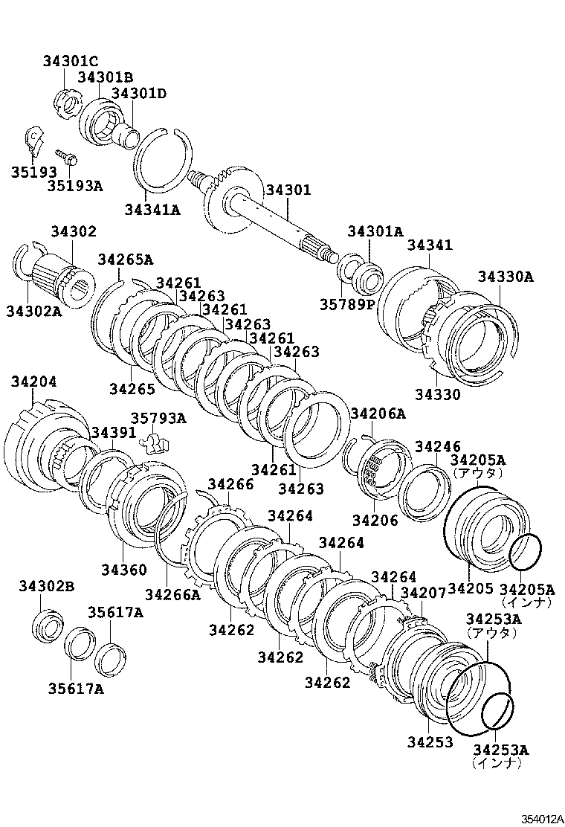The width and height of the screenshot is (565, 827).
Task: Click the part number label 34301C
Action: point(69,61)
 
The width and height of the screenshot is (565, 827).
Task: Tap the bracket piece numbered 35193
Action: point(34,138)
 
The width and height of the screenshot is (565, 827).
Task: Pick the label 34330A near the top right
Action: point(506,276)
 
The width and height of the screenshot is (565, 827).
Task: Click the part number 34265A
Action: point(125,260)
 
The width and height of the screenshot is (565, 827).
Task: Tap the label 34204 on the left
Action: point(33,382)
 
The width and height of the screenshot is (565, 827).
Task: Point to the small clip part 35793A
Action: point(155,443)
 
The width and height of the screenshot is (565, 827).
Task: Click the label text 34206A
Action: point(378,413)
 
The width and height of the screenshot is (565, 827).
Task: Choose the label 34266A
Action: point(172,593)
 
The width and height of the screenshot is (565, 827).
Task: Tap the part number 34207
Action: point(423,593)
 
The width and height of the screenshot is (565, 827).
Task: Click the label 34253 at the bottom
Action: point(430,742)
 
